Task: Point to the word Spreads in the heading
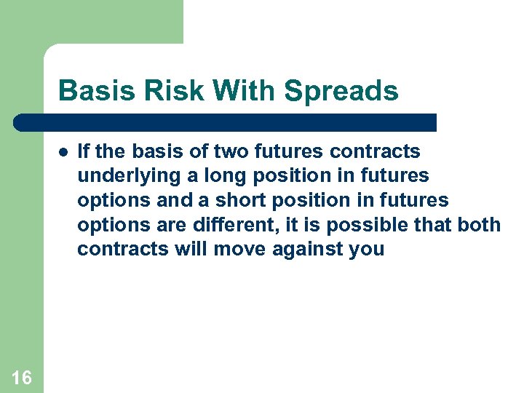[x=341, y=92]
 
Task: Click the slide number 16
[x=22, y=377]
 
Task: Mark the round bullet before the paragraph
[x=63, y=152]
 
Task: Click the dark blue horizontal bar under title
[x=226, y=122]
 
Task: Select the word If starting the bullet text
[x=83, y=151]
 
